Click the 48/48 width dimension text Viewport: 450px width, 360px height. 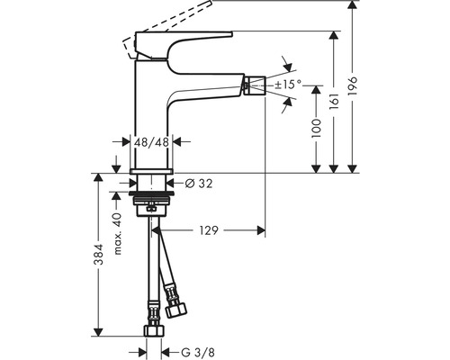pos(151,141)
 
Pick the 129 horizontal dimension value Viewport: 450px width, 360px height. pos(209,231)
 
